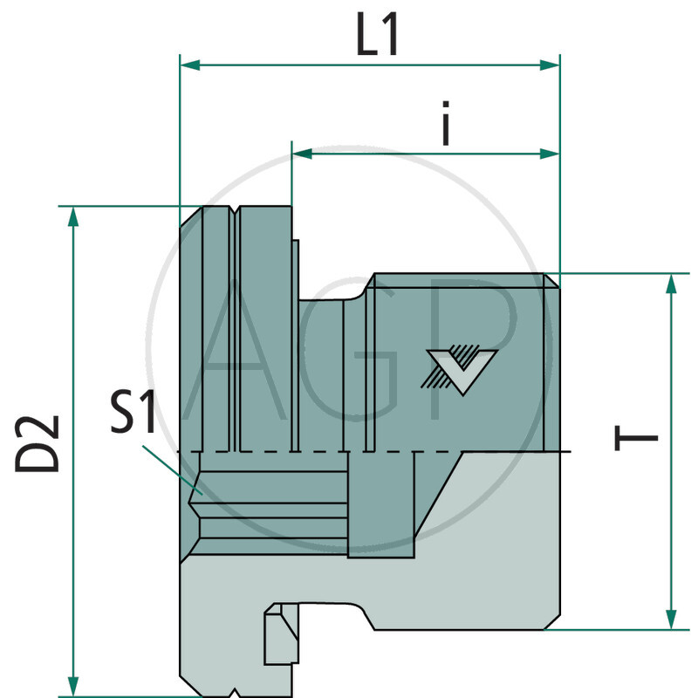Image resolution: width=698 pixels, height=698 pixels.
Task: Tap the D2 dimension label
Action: (39, 443)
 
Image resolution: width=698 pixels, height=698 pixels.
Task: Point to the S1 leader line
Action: (170, 469)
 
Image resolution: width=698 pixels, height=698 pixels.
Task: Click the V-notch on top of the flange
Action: (236, 210)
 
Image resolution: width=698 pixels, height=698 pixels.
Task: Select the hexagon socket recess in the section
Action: (270, 504)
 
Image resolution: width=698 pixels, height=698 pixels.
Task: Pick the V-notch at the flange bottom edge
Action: (236, 694)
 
